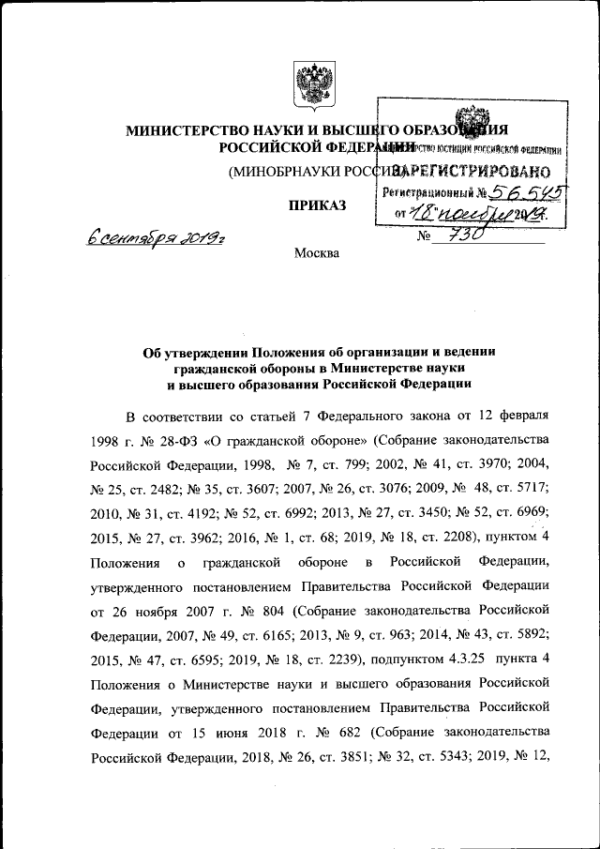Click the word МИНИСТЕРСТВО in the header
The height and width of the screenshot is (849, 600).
click(184, 130)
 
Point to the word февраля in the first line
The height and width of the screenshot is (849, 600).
click(520, 414)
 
